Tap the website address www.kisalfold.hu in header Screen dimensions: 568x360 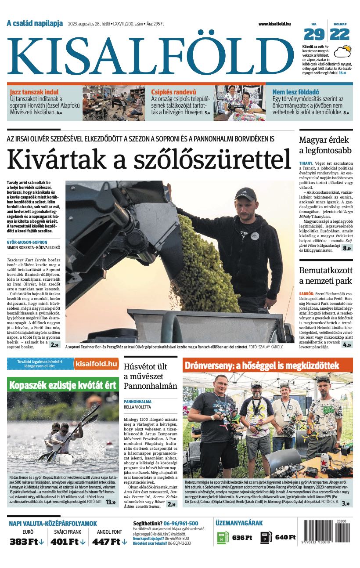click(274, 24)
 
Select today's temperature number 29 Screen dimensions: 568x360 click(314, 34)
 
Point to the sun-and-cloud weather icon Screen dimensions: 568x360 click(342, 52)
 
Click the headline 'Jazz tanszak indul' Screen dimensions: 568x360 click(34, 92)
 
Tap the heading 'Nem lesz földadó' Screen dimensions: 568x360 click(295, 92)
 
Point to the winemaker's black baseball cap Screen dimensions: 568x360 click(245, 194)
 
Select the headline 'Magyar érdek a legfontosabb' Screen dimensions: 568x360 click(325, 145)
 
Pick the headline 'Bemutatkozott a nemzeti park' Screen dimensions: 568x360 click(325, 275)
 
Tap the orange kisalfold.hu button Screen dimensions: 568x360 click(96, 364)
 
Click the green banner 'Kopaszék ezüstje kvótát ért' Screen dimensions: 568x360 click(63, 385)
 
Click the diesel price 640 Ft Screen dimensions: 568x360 click(285, 537)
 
